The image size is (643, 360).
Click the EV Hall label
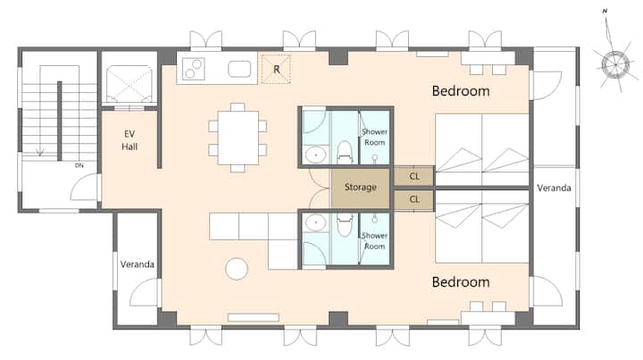click(129, 140)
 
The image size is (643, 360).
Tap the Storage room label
click(361, 188)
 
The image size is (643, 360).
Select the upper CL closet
click(413, 176)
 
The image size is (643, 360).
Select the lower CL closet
click(413, 200)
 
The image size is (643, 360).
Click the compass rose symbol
click(615, 64)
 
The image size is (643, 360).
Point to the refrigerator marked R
click(276, 70)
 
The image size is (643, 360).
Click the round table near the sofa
click(237, 269)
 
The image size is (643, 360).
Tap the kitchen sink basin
click(239, 69)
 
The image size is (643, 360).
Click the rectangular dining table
click(238, 138)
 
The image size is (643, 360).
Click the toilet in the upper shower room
click(345, 153)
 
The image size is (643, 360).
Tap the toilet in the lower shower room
click(345, 224)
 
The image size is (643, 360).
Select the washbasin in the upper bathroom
click(316, 155)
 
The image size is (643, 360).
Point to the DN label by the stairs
click(79, 165)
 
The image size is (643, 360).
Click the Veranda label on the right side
click(554, 188)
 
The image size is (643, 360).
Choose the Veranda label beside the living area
click(138, 264)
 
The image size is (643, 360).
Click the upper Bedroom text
click(461, 91)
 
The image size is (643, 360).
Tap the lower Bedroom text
click(461, 282)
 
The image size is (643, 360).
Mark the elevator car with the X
click(129, 84)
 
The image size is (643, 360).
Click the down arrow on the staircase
click(40, 153)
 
